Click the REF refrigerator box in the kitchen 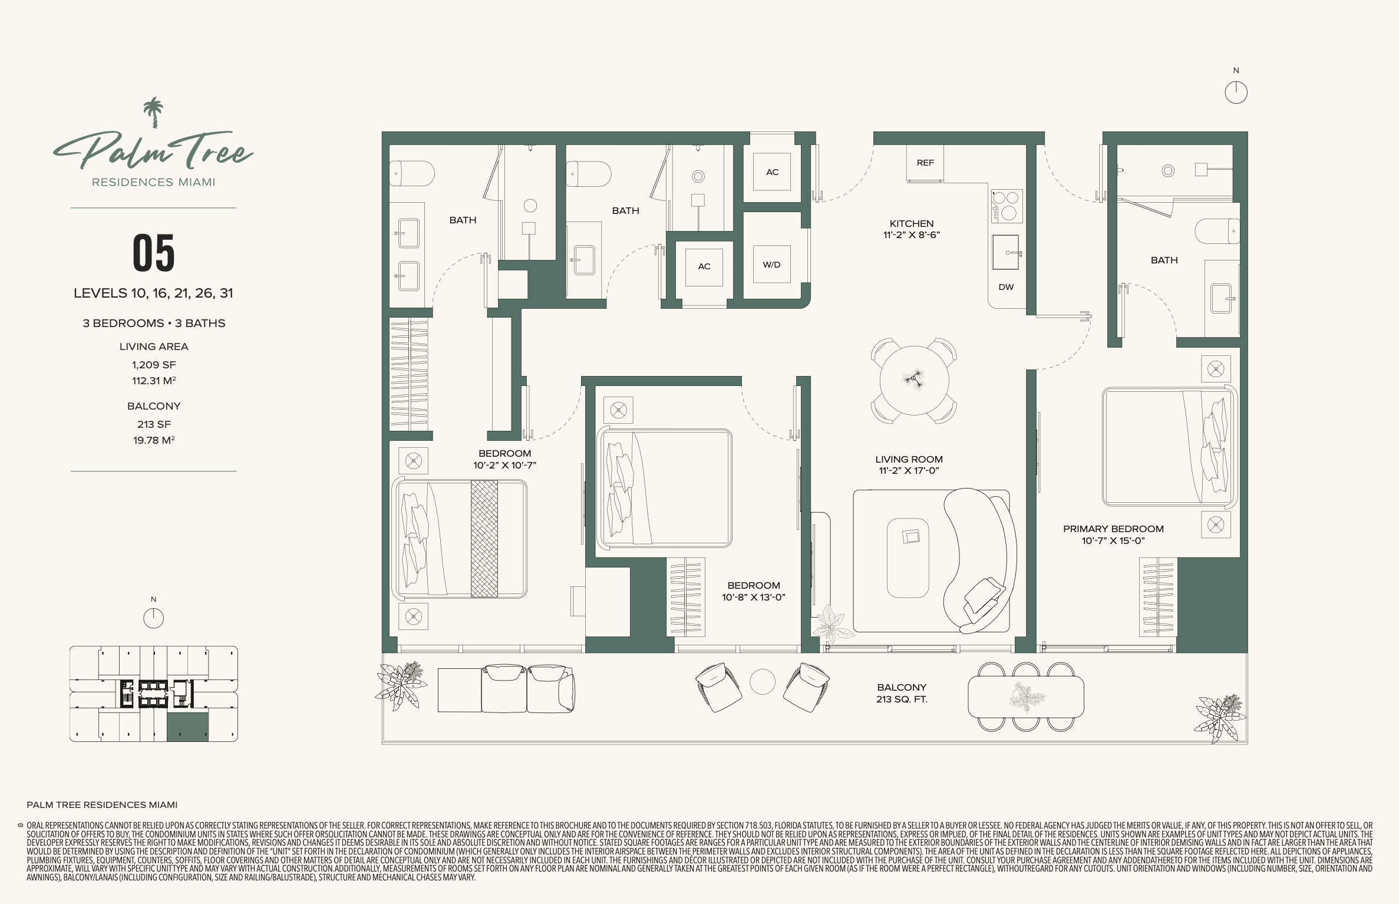tap(925, 163)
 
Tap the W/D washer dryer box tap(771, 265)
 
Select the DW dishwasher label tap(1006, 287)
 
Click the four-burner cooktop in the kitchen tap(1007, 206)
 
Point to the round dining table tap(914, 380)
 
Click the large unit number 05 tap(154, 253)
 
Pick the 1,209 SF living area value tap(154, 365)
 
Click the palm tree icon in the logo tap(153, 112)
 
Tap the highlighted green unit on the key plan tap(187, 726)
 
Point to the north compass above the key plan tap(153, 618)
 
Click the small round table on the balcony tap(762, 682)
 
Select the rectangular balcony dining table tap(1025, 697)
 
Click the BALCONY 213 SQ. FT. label tap(902, 693)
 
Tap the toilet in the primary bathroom tap(1217, 230)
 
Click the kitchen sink tap(1006, 252)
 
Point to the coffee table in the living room tap(908, 557)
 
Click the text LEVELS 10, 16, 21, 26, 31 tap(153, 293)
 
